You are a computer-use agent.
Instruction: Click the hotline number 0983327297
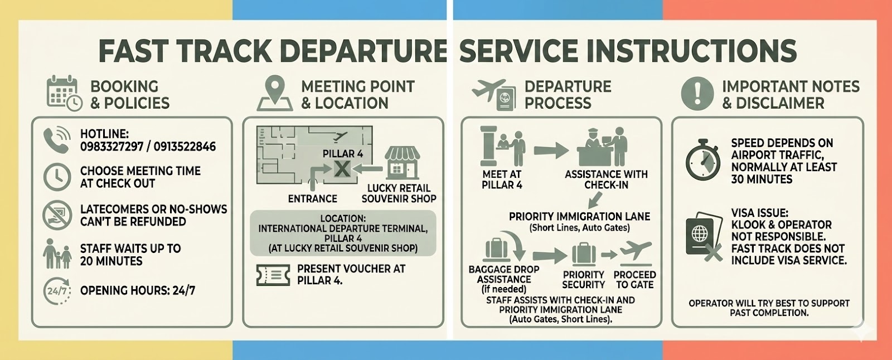coord(111,147)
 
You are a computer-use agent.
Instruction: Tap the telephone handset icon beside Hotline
coord(56,140)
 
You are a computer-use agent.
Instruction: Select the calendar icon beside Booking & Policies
coord(63,93)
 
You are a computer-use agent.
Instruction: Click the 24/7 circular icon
coord(57,290)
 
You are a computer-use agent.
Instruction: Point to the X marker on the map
coord(342,168)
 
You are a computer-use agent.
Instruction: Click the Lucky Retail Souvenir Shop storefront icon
coord(402,162)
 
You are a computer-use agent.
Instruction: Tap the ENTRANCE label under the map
coord(312,199)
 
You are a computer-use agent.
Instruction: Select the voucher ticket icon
coord(273,275)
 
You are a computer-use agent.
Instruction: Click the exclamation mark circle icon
coord(697,93)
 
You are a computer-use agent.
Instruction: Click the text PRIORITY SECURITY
coord(583,280)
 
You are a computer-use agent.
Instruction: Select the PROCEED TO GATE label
coord(634,280)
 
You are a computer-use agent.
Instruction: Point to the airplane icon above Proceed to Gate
coord(636,252)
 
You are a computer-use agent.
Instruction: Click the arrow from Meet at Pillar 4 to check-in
coord(551,150)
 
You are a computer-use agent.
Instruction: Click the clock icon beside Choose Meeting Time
coord(57,177)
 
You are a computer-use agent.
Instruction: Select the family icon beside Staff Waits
coord(57,254)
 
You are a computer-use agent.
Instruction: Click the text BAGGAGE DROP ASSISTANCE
coord(504,274)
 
